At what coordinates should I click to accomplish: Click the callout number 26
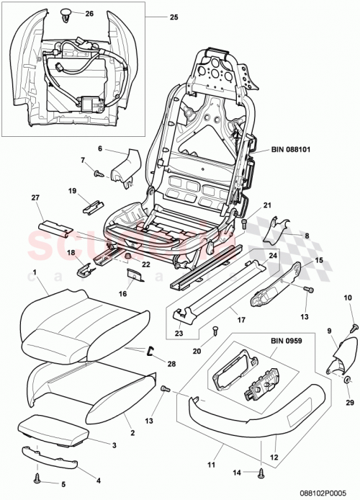(x=89, y=14)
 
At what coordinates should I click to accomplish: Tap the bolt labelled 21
(x=244, y=225)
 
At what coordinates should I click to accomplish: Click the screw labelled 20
(x=215, y=331)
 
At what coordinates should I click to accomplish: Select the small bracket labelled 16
(x=134, y=272)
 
